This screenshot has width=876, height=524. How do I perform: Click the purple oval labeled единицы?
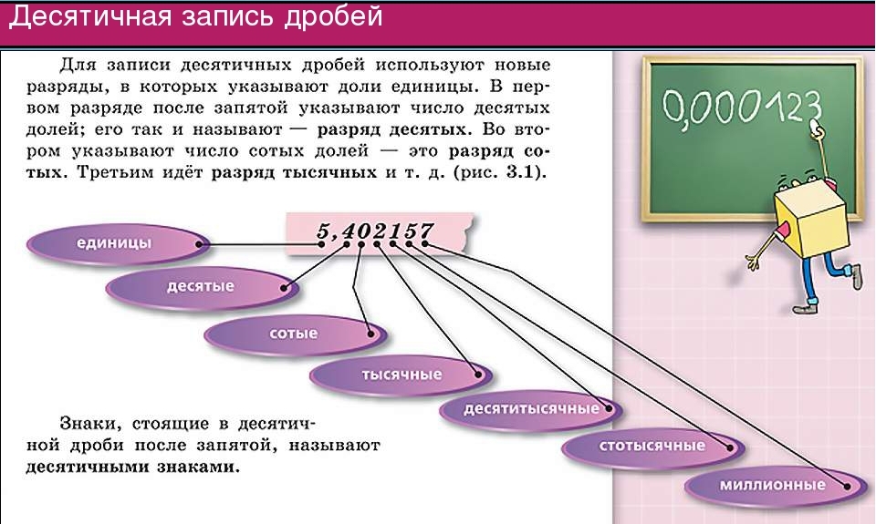point(119,244)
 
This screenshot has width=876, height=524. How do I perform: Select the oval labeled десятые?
point(203,287)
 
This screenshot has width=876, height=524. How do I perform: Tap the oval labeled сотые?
point(296,334)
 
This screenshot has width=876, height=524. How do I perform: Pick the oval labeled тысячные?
point(401,375)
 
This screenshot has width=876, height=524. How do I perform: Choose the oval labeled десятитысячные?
point(531,409)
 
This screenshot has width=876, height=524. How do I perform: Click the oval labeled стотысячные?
point(653,447)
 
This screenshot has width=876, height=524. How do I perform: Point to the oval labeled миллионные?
point(777,486)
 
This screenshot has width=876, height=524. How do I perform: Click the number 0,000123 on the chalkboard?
point(742,107)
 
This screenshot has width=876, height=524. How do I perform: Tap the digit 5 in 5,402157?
point(323,231)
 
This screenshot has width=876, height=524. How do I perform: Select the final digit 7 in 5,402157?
point(426,230)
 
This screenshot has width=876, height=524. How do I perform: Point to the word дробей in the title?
point(334,16)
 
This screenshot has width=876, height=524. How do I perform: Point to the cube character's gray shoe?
point(856,277)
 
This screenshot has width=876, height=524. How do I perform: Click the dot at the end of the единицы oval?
point(200,244)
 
